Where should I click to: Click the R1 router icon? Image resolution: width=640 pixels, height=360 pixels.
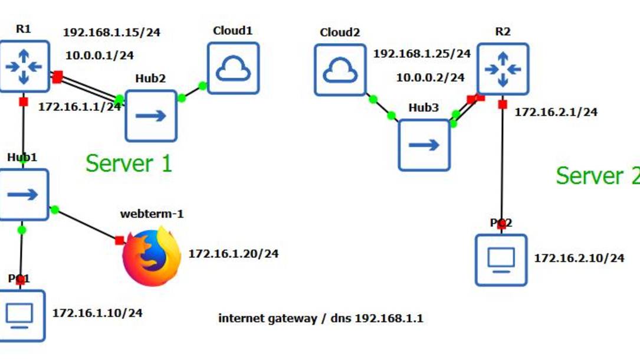[24, 67]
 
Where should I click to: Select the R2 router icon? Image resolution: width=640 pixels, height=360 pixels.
[503, 70]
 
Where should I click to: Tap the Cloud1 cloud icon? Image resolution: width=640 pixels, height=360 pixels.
[233, 68]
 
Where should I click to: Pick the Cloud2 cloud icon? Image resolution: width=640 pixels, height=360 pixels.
[340, 70]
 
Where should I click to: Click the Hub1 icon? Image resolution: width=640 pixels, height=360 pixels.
[24, 194]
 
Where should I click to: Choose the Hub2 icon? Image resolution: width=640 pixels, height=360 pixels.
[151, 116]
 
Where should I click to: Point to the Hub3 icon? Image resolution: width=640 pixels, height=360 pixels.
[424, 145]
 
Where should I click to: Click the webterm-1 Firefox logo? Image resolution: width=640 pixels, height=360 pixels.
[152, 257]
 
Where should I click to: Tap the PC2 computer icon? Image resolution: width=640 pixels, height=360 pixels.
[501, 260]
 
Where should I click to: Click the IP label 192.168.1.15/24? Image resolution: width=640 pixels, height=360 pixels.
[111, 32]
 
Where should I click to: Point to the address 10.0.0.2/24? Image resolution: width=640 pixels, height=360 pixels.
[430, 77]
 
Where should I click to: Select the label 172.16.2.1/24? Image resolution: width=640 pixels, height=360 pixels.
[556, 112]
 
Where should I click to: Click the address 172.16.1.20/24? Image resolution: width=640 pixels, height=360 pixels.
[233, 254]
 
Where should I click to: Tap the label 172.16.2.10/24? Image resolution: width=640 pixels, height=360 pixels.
[579, 258]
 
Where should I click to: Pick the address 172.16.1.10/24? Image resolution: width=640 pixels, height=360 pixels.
[97, 313]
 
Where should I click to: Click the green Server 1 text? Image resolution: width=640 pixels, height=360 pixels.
[129, 163]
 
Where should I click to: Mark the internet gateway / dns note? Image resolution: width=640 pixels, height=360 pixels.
[320, 319]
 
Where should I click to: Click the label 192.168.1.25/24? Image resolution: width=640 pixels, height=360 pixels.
[422, 54]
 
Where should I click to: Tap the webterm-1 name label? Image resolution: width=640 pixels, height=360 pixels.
[152, 214]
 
